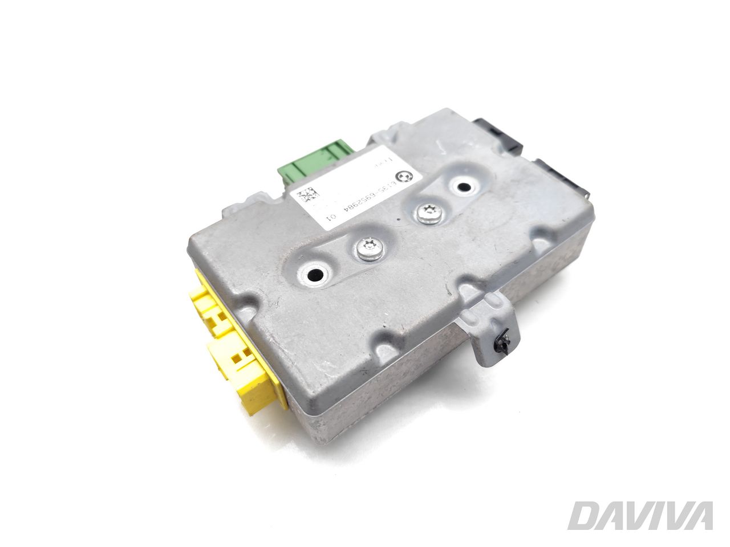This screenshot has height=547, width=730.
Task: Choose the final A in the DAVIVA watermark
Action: coord(697,516)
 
